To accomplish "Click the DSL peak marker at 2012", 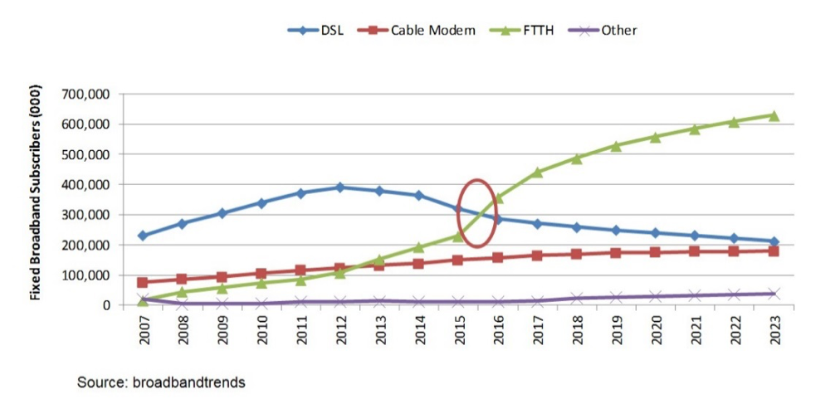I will (339, 187).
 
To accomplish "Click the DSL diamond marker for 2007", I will (143, 236).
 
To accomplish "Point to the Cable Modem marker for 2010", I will (261, 273).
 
